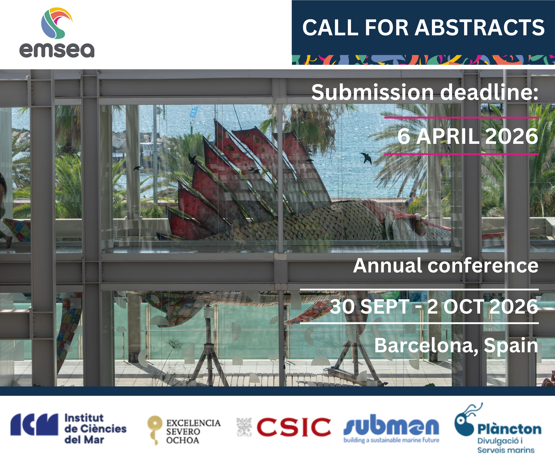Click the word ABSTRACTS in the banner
click(x=479, y=28)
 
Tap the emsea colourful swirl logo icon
click(x=56, y=23)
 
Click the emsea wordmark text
click(x=57, y=50)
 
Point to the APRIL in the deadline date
click(x=448, y=136)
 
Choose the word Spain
click(x=511, y=346)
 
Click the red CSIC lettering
click(x=294, y=427)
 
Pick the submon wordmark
click(x=391, y=426)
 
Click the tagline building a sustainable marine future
click(x=391, y=440)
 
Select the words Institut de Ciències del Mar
click(x=95, y=429)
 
